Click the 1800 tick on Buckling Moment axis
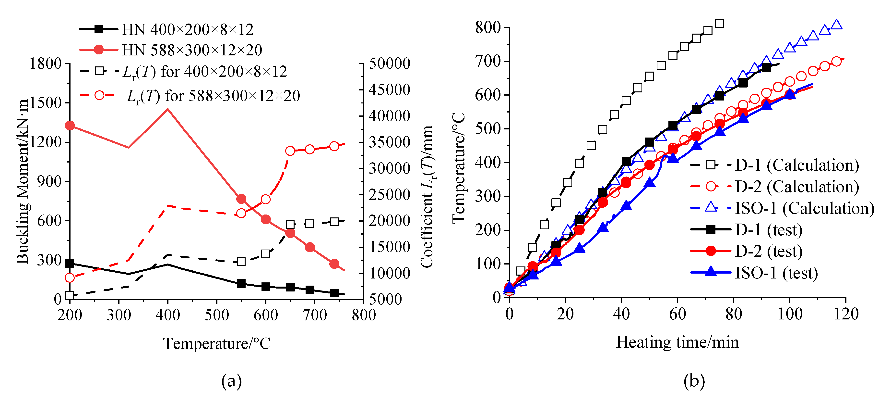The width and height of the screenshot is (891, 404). click(45, 64)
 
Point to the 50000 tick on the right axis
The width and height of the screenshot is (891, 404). click(389, 64)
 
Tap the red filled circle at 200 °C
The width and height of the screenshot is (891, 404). click(70, 125)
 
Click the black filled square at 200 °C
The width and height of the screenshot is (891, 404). click(70, 264)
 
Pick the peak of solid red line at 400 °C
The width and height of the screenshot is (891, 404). click(168, 109)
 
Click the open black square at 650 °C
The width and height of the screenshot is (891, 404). click(290, 224)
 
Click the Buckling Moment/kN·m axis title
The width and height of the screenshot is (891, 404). click(23, 181)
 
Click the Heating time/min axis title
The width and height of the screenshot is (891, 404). click(677, 342)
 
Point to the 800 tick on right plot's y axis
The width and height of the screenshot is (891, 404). click(488, 27)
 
